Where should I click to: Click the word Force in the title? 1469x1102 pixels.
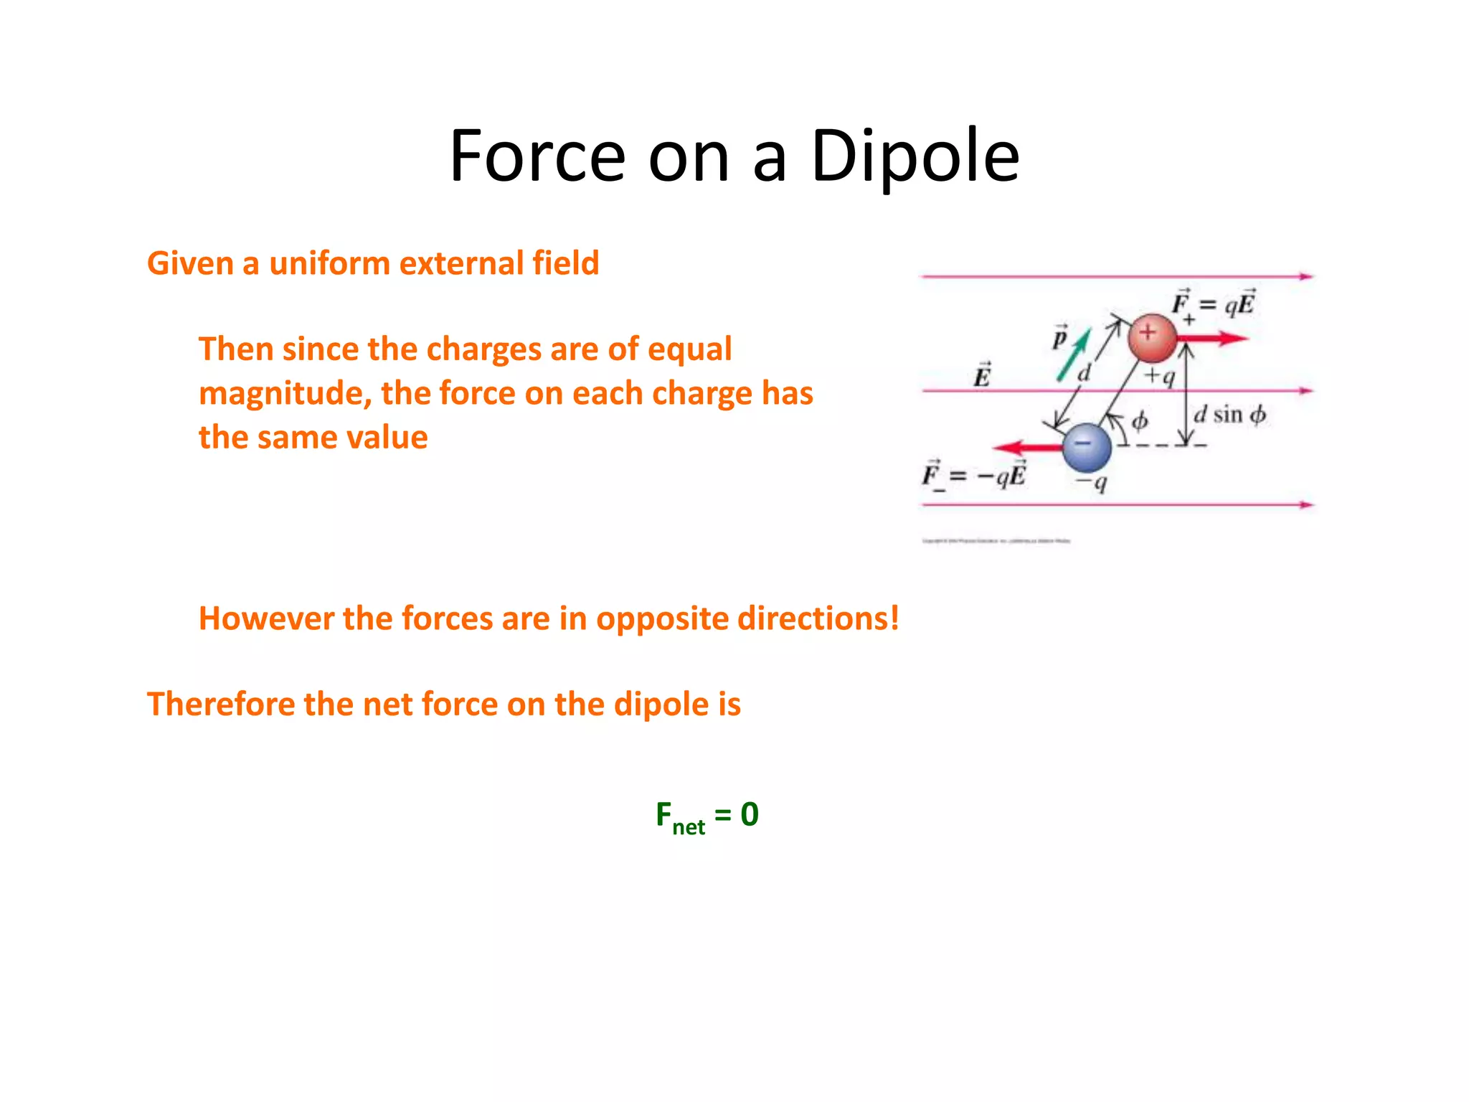pos(537,156)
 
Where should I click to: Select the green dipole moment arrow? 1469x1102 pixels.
pos(1074,354)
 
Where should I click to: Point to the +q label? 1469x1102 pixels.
pos(1159,375)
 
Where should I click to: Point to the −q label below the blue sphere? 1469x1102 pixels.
pos(1092,482)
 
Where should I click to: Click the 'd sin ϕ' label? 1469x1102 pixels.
pos(1229,415)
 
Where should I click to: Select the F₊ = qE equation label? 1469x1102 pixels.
pos(1213,304)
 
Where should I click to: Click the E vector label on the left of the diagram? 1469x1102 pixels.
pos(982,375)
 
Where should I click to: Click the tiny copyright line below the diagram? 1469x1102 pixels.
pos(996,541)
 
